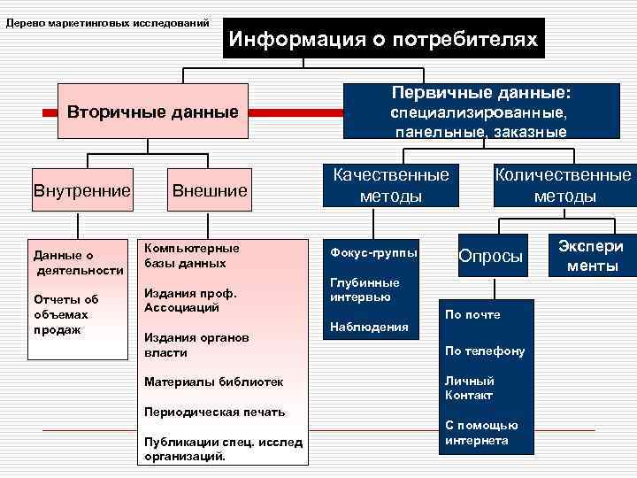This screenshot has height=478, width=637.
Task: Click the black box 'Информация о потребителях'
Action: coord(383,39)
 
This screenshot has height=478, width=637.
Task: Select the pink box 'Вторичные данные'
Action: coord(153,112)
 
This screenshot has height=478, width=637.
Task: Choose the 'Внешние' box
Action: coord(210,190)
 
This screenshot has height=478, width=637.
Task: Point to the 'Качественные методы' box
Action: coord(390,185)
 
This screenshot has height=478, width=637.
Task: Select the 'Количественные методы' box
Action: coord(564,185)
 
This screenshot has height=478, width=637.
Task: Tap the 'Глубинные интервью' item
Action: coord(364,289)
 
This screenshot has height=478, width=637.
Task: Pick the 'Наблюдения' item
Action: coord(369,327)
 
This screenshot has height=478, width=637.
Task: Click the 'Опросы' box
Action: coord(491,256)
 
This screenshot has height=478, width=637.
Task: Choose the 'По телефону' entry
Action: coord(484,351)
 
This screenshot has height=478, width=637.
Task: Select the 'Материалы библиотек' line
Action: coord(213,382)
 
